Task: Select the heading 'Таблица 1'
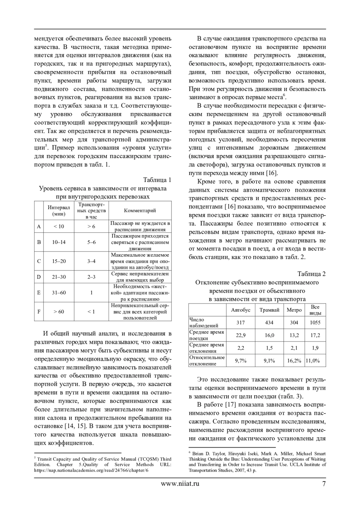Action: pyautogui.click(x=157, y=180)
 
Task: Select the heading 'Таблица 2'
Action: pyautogui.click(x=311, y=274)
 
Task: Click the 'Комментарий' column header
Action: pyautogui.click(x=140, y=210)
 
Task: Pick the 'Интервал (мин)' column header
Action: pyautogui.click(x=58, y=210)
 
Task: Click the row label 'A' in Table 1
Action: pyautogui.click(x=39, y=226)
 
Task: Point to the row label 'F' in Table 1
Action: pyautogui.click(x=39, y=311)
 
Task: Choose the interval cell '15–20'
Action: pyautogui.click(x=59, y=261)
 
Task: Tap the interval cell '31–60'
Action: pyautogui.click(x=59, y=293)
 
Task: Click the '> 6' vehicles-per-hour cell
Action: pyautogui.click(x=91, y=226)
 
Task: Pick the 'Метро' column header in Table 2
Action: pyautogui.click(x=294, y=310)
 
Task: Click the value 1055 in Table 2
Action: pyautogui.click(x=315, y=323)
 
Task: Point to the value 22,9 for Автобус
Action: pyautogui.click(x=241, y=335)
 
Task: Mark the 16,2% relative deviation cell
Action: pyautogui.click(x=294, y=361)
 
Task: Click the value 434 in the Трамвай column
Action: pyautogui.click(x=269, y=323)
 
